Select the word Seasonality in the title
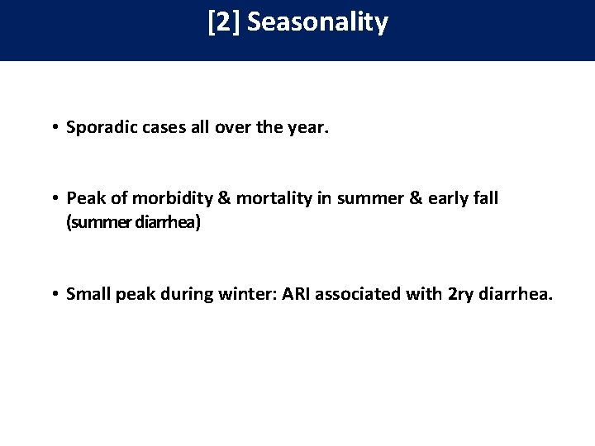point(317,22)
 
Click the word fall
point(483,198)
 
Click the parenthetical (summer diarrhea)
point(133,223)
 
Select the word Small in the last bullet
point(88,293)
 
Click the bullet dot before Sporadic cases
point(52,129)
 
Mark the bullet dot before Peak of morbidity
point(52,199)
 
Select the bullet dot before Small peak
point(52,294)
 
